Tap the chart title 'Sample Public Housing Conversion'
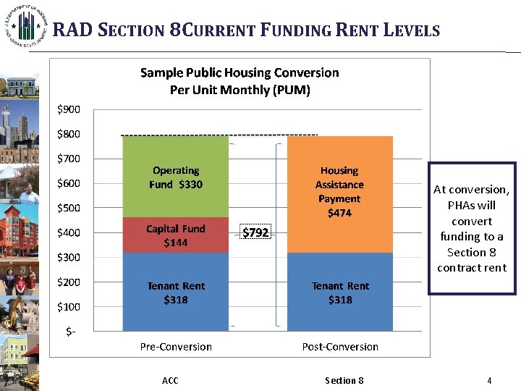click(239, 72)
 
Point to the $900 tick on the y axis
click(69, 109)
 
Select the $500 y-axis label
click(69, 208)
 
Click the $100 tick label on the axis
click(69, 306)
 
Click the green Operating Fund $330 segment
click(176, 177)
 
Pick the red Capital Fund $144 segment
click(176, 235)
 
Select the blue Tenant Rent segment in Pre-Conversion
click(176, 293)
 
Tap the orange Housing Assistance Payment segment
click(339, 192)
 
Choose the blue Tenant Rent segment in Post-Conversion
click(339, 293)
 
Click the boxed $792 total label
click(255, 232)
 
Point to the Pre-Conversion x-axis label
click(176, 346)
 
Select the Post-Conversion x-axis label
click(339, 346)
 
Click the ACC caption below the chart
click(170, 380)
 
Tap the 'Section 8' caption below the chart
click(344, 380)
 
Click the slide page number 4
click(489, 380)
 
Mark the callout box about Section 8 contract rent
click(471, 228)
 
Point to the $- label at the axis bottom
click(71, 331)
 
